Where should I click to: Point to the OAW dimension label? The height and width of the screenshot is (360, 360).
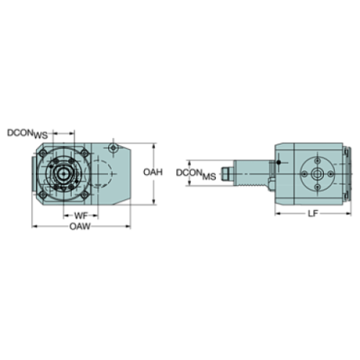[80, 227]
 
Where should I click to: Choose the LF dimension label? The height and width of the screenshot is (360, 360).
[313, 214]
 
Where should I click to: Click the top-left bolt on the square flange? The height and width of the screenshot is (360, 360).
[45, 153]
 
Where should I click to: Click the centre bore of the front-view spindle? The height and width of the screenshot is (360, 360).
[65, 173]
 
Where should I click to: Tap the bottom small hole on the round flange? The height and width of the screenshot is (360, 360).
[317, 187]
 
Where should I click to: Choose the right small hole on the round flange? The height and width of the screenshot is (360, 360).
[331, 173]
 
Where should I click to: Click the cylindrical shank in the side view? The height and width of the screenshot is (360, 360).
[249, 174]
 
